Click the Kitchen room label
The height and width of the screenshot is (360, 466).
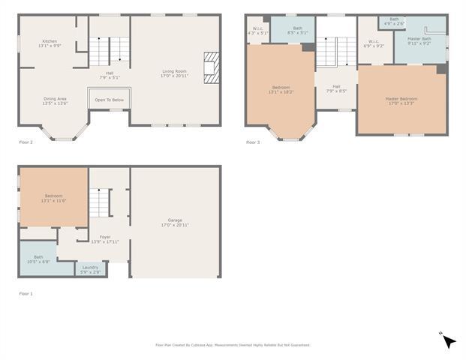(x=50, y=43)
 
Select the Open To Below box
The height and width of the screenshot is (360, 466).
(x=110, y=100)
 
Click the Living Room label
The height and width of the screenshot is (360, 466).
(x=175, y=73)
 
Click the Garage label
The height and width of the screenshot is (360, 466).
(x=175, y=223)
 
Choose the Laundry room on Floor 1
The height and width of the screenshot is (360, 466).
(x=90, y=269)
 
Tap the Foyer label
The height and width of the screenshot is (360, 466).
(x=105, y=238)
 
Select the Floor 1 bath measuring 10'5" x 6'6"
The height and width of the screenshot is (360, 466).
(x=38, y=259)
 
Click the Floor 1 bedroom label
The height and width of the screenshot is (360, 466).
(x=53, y=198)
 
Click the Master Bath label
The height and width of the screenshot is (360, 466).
(x=419, y=40)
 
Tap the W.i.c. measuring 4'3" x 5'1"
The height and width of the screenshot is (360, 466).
(x=257, y=31)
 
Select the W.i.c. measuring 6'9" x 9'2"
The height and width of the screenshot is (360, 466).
(x=373, y=43)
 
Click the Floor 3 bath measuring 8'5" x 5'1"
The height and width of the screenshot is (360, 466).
(x=298, y=31)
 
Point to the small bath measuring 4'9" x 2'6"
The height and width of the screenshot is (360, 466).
(x=394, y=21)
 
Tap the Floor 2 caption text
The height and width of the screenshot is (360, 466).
(x=26, y=142)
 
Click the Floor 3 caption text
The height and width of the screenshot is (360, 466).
(x=253, y=142)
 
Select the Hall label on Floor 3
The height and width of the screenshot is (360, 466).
(x=336, y=88)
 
